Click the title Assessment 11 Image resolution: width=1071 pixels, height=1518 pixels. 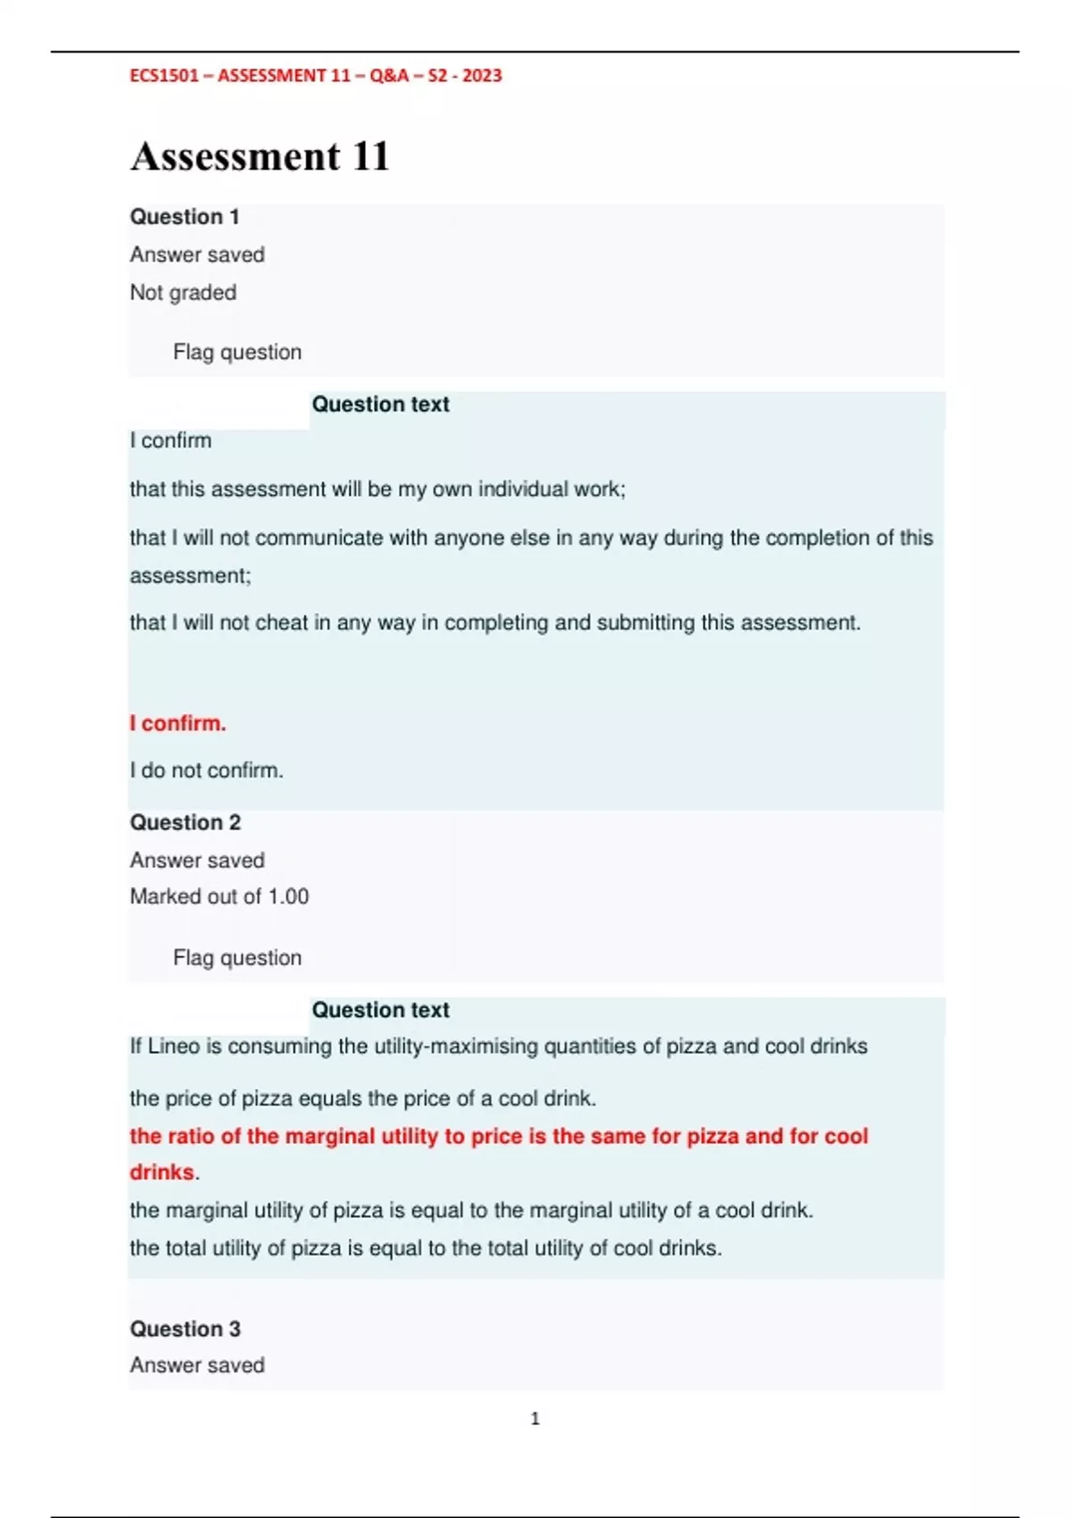tap(260, 156)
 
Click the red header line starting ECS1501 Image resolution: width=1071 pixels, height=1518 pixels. tap(316, 76)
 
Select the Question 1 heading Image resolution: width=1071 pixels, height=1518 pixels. tap(185, 217)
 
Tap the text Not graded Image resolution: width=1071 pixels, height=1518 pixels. tap(183, 293)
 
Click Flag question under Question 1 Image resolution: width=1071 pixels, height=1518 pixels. tap(237, 353)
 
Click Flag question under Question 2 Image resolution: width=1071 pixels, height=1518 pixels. tap(237, 958)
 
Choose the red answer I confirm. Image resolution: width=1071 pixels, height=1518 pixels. tap(178, 723)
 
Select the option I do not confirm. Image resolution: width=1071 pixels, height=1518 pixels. tap(206, 771)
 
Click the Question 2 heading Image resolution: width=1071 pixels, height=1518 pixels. tap(186, 822)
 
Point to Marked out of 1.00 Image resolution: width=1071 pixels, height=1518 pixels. tap(220, 897)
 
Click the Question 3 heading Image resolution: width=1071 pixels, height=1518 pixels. tap(186, 1329)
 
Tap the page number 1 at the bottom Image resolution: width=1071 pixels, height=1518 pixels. tap(535, 1419)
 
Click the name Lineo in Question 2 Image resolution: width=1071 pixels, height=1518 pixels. tap(173, 1047)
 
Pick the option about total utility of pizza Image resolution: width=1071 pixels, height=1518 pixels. tap(426, 1248)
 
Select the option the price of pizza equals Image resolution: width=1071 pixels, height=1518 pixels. tap(362, 1098)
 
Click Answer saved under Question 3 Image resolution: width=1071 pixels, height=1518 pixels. tap(197, 1365)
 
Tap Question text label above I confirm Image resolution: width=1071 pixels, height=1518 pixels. tap(380, 405)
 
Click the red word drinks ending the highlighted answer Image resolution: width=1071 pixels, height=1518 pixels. tap(162, 1172)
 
